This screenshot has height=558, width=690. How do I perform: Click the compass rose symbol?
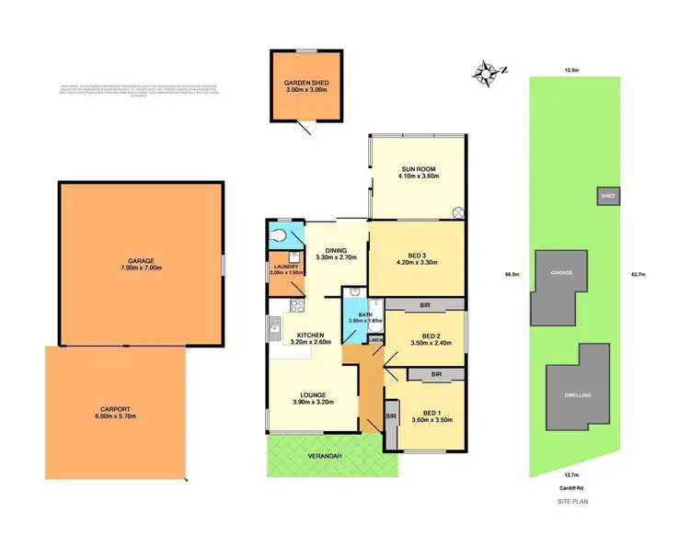pyautogui.click(x=487, y=69)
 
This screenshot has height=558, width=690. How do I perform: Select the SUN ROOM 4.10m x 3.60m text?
pyautogui.click(x=418, y=174)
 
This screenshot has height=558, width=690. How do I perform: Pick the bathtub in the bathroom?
pyautogui.click(x=374, y=317)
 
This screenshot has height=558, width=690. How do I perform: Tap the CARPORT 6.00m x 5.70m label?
pyautogui.click(x=113, y=415)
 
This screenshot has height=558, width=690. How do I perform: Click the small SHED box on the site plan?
pyautogui.click(x=608, y=196)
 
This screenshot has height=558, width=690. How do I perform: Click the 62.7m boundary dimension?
pyautogui.click(x=639, y=274)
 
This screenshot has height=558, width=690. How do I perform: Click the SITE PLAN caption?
pyautogui.click(x=571, y=502)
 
